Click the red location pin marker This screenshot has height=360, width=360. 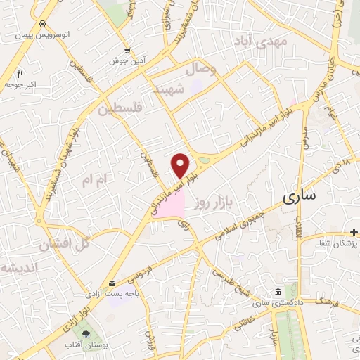pos(181,165)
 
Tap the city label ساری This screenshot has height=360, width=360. pos(299,196)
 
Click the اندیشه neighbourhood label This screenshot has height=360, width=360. pos(17,269)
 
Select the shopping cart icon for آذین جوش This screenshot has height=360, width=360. pos(127,50)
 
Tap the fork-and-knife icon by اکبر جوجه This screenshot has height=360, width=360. pos(20,73)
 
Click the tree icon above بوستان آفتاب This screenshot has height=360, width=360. pos(86,333)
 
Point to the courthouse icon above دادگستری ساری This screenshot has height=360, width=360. pos(278,292)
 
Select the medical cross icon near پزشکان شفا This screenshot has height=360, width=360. pos(355,231)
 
